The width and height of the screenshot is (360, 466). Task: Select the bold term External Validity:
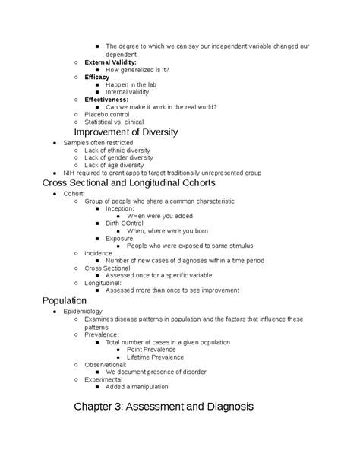[110, 62]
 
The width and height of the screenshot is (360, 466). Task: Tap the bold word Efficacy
[97, 77]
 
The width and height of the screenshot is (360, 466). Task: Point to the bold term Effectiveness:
[106, 100]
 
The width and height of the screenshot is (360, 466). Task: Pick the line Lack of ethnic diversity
[117, 150]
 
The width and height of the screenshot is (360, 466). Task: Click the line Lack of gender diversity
[118, 157]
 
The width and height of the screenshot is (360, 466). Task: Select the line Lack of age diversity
[114, 165]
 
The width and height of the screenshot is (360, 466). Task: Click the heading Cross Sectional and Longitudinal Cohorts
[128, 183]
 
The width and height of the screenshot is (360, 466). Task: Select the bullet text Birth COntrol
[125, 223]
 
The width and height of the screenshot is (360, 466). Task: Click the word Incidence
[98, 253]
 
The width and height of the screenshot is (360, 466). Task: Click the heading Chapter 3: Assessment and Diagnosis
[163, 407]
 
